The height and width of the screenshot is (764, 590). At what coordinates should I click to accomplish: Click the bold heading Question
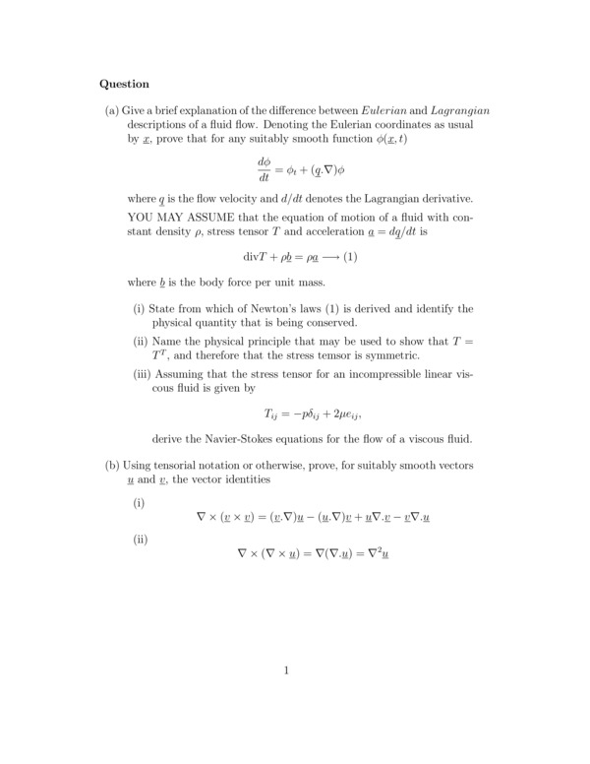124,84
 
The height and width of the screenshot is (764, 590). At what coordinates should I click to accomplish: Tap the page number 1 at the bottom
286,671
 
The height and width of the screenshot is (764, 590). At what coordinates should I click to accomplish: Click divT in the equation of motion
256,257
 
